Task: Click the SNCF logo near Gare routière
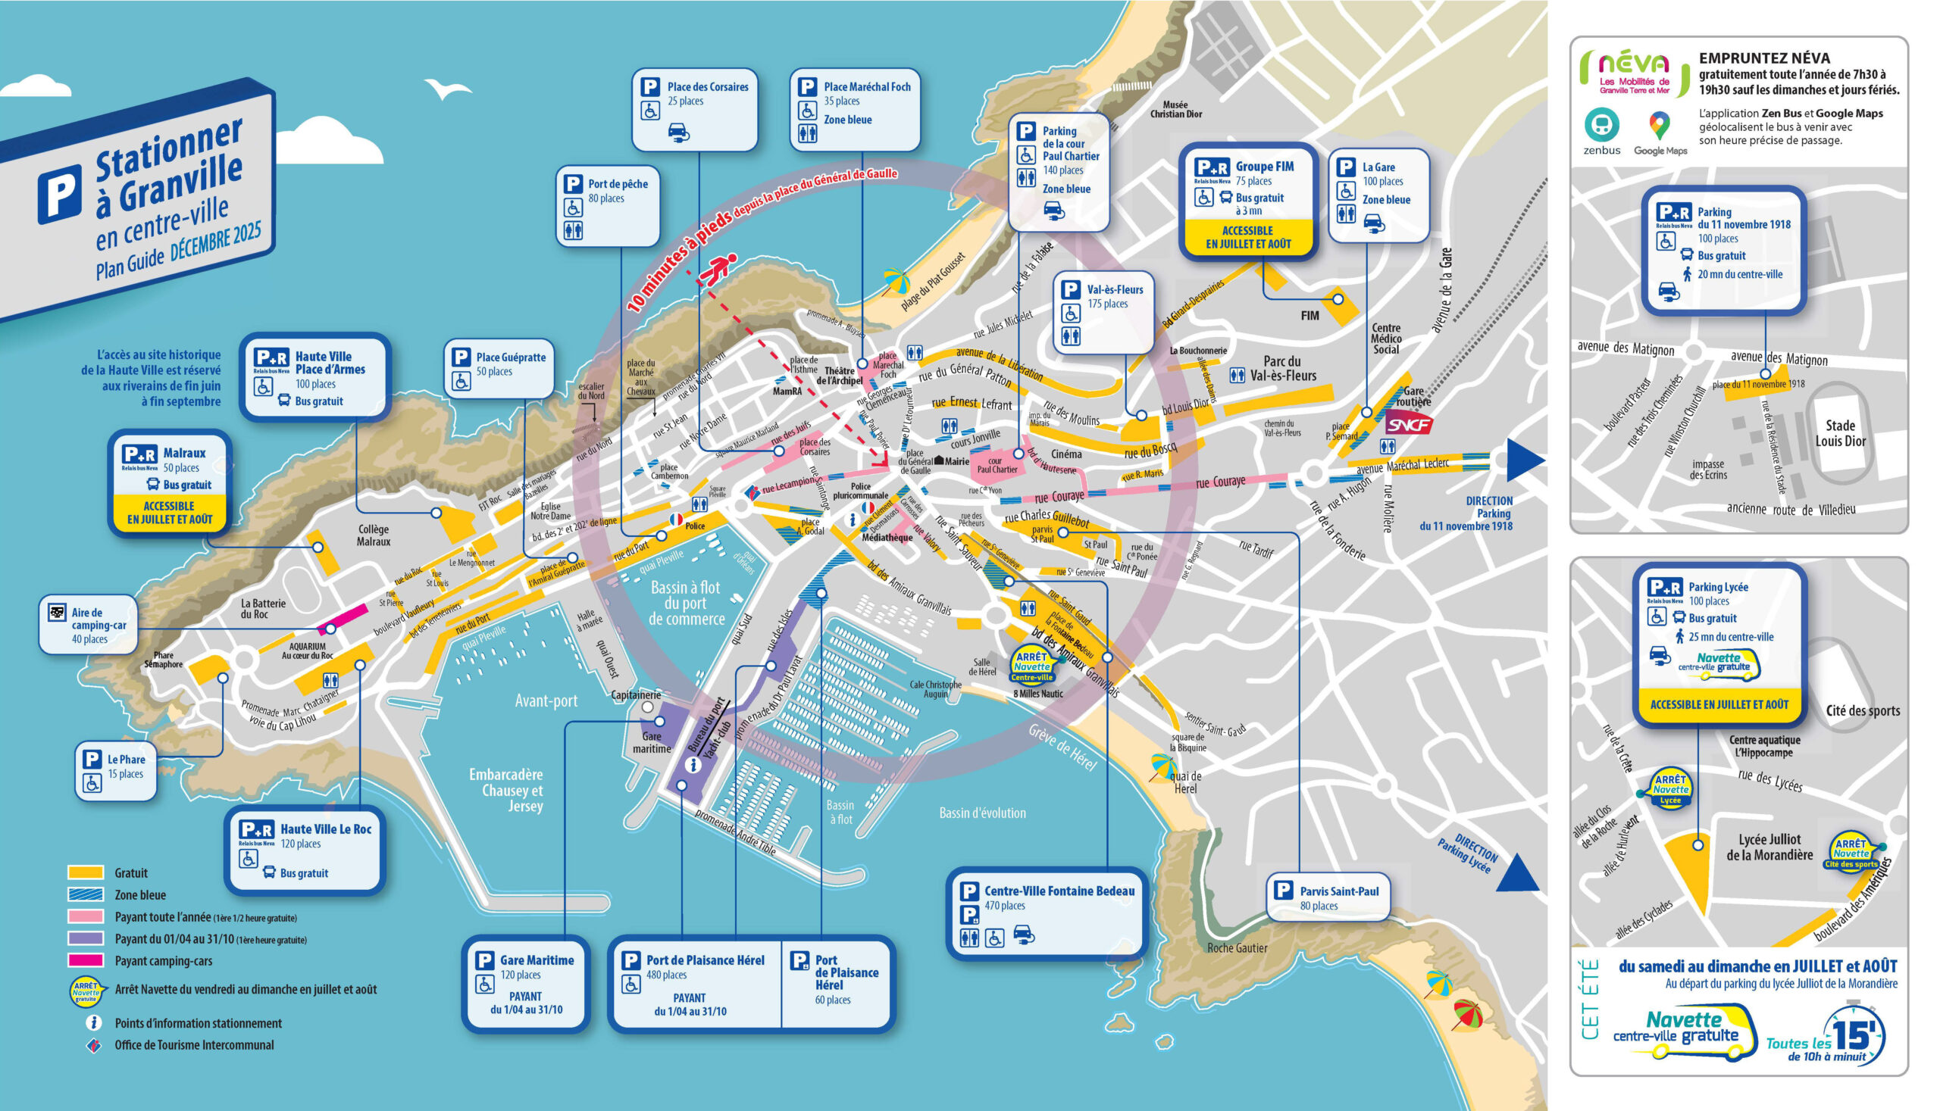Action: [1408, 424]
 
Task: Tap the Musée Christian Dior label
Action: [1175, 109]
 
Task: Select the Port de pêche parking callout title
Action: [617, 184]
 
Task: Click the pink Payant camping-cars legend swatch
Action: [86, 961]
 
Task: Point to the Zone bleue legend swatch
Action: [86, 894]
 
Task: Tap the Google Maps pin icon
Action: [1658, 124]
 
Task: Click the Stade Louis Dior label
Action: [1839, 432]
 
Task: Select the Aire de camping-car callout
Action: [88, 625]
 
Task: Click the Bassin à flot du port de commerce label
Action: [685, 603]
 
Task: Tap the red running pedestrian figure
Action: [718, 269]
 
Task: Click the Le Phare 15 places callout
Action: [116, 772]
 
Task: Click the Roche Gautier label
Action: [1236, 947]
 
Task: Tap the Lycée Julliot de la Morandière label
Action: [1769, 847]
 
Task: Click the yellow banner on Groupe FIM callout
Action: [1247, 237]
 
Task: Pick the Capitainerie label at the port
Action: [635, 695]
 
